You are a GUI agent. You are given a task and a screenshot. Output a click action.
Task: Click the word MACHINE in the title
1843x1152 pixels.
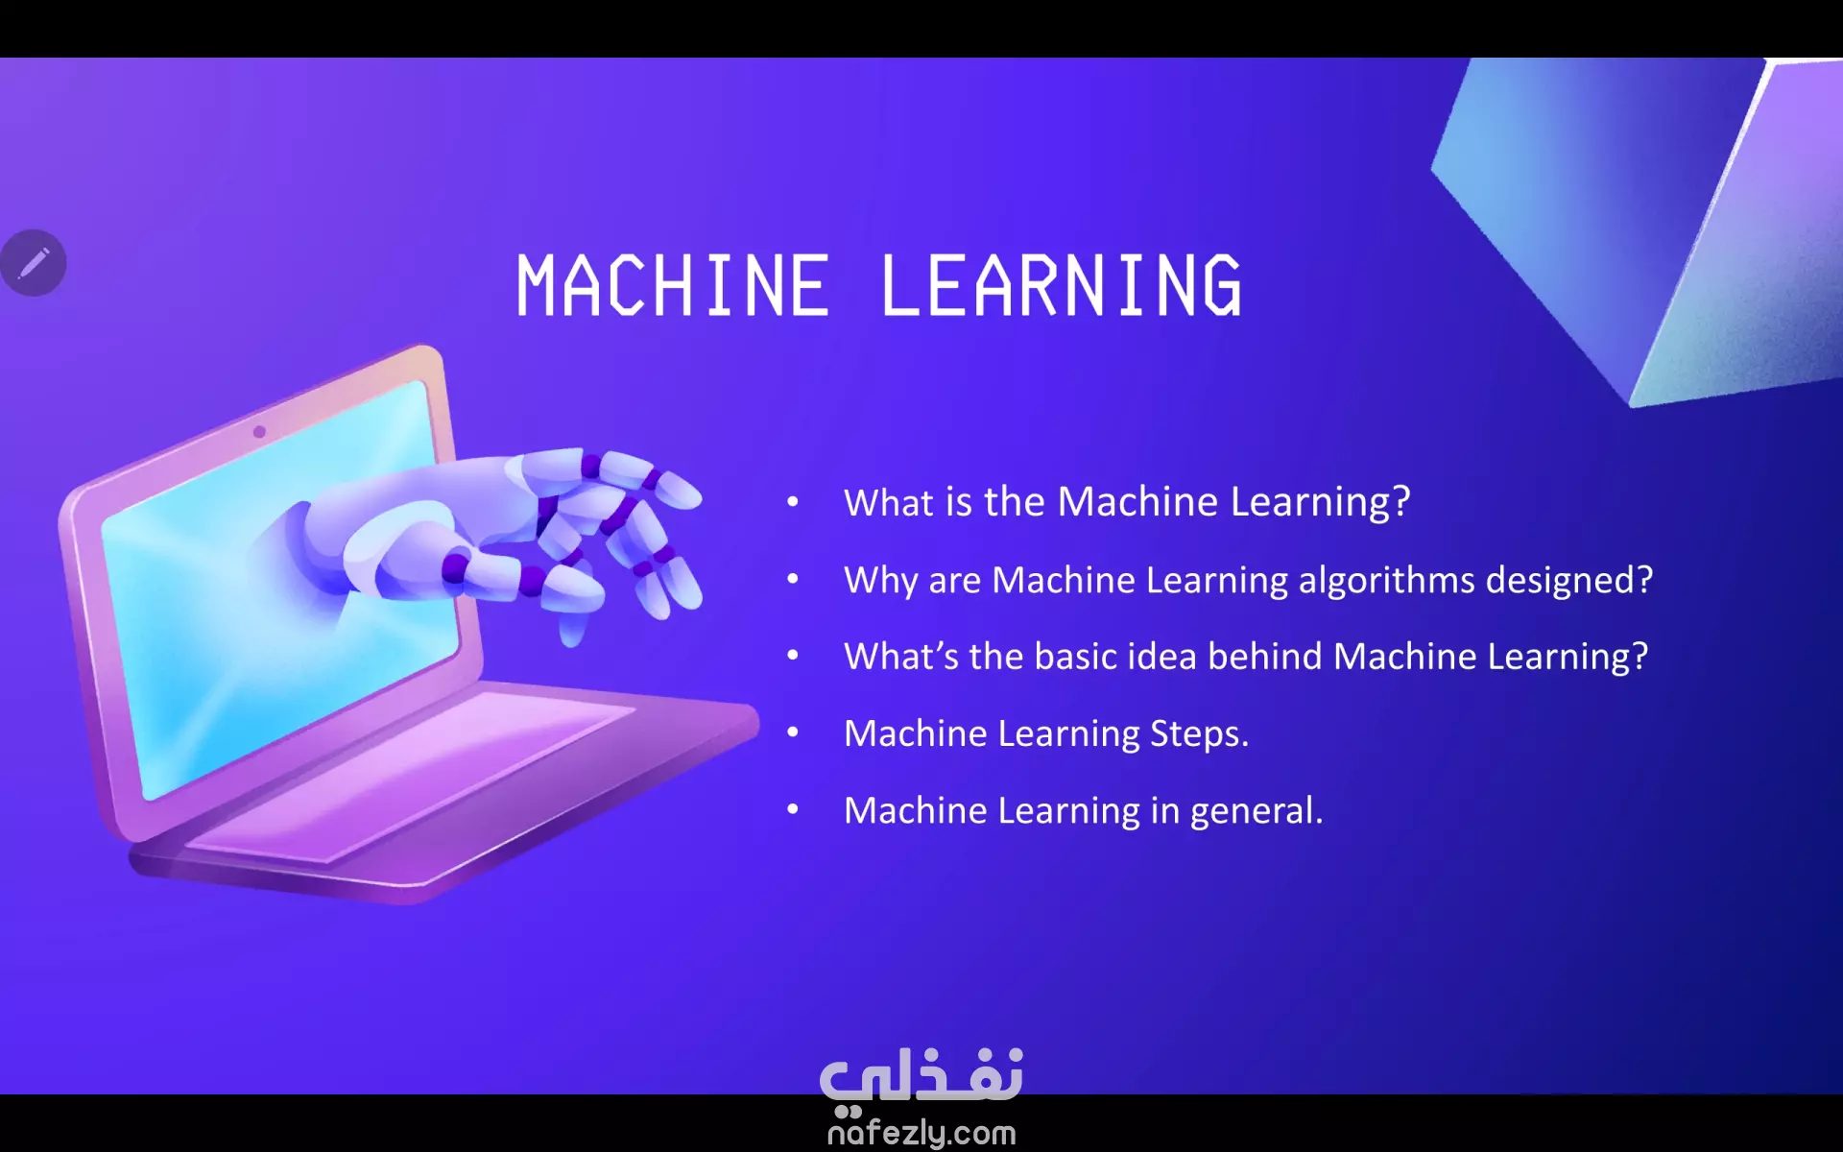pos(673,285)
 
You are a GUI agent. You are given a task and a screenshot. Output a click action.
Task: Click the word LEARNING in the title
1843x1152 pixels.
pos(1062,285)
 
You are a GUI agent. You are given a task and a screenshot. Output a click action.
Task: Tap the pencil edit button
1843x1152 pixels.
pos(34,262)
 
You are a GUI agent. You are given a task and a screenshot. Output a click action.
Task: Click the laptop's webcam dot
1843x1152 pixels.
pos(259,432)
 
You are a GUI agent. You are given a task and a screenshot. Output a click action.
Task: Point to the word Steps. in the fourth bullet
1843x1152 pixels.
pos(1200,734)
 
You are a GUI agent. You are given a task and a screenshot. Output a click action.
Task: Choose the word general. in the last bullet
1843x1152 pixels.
pos(1257,812)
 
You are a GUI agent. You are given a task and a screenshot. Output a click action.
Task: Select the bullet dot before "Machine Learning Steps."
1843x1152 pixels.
pos(793,732)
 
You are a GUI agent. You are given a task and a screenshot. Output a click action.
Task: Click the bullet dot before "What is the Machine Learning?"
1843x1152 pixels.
pos(793,501)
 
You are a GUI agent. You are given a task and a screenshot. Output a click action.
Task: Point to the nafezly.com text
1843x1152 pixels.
pos(921,1133)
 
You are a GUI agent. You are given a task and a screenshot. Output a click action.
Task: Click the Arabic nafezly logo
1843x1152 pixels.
pos(921,1077)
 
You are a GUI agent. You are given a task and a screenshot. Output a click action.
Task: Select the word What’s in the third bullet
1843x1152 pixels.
pos(901,657)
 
